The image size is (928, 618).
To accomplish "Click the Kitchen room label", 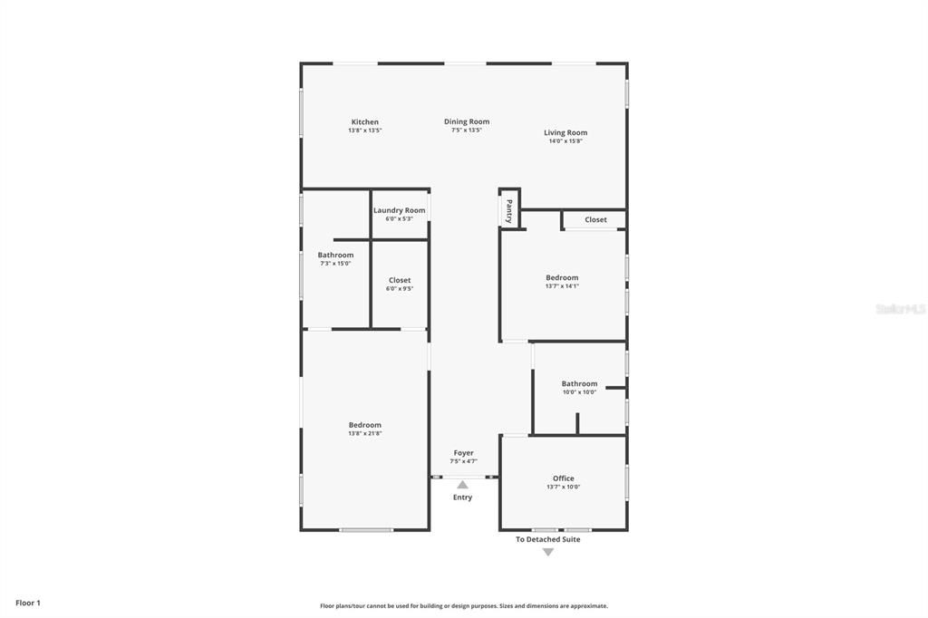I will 365,122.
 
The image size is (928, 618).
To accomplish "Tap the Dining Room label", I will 467,121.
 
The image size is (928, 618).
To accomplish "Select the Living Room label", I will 565,133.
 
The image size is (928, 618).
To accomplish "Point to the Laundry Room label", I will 399,210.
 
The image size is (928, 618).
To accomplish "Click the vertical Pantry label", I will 509,211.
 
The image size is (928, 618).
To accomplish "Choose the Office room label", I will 563,478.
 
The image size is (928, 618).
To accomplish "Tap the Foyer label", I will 463,453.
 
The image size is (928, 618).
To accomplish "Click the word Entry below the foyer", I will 462,497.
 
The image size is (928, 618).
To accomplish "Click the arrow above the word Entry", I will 462,485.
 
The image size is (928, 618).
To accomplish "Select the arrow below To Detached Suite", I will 547,552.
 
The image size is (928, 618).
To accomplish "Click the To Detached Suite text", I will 547,539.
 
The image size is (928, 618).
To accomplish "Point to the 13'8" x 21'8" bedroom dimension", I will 364,433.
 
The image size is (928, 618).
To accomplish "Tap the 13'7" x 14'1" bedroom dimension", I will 562,286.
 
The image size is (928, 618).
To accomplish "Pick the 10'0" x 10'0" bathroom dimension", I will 579,392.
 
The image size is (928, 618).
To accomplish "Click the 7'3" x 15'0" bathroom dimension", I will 335,264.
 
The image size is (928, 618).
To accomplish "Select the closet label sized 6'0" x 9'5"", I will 399,281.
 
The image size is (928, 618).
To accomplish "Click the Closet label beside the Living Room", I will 595,219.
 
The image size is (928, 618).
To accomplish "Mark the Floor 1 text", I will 28,603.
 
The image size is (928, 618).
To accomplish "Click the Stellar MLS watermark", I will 900,309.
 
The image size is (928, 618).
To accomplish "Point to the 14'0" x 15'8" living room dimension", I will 565,141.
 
